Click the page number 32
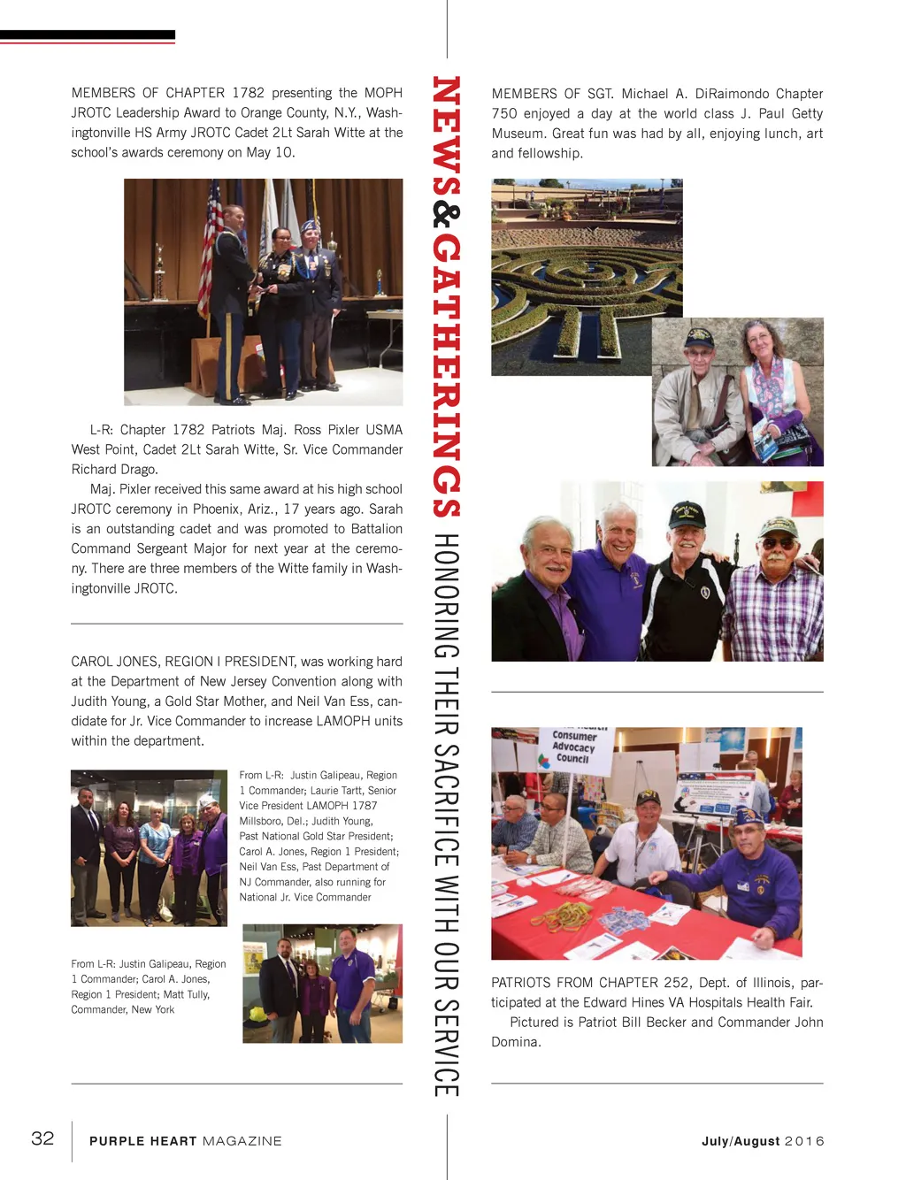pyautogui.click(x=42, y=1138)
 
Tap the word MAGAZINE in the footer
pyautogui.click(x=242, y=1141)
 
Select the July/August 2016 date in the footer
pyautogui.click(x=763, y=1141)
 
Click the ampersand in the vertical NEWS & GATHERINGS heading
pyautogui.click(x=447, y=216)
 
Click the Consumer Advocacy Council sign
pyautogui.click(x=574, y=747)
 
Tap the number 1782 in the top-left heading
pyautogui.click(x=248, y=93)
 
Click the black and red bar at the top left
pyautogui.click(x=88, y=36)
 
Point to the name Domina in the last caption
pyautogui.click(x=516, y=1042)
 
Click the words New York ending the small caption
pyautogui.click(x=152, y=1009)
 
